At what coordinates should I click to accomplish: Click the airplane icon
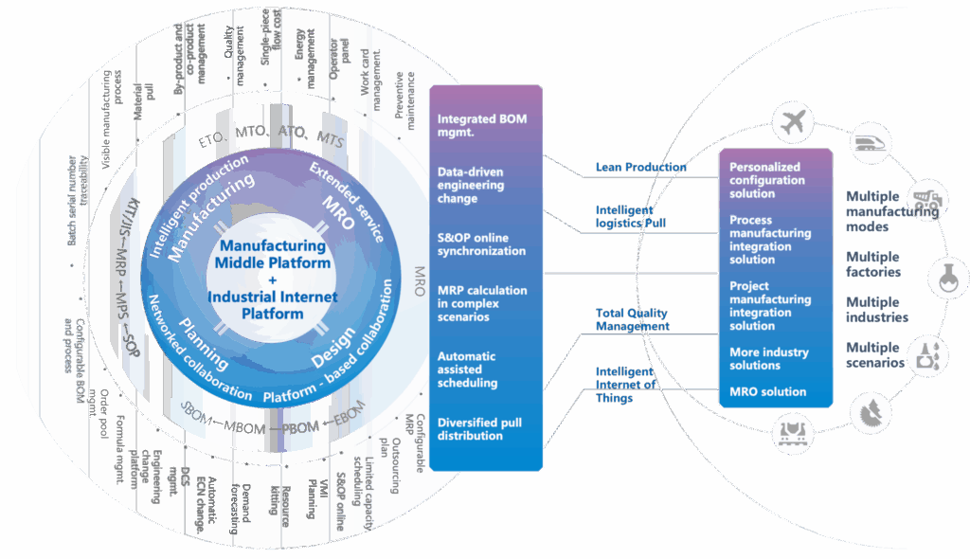point(794,121)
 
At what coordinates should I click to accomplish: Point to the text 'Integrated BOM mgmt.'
point(481,126)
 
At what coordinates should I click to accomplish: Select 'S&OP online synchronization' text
point(481,244)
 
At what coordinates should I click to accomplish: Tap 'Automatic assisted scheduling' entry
point(468,370)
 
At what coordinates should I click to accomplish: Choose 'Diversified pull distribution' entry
point(479,429)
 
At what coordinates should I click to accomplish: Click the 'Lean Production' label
point(640,168)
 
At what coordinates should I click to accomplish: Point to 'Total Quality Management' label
point(632,319)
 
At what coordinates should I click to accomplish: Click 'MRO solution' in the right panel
point(767,391)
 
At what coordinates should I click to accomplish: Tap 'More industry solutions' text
point(768,359)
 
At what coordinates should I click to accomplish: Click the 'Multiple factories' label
point(873,264)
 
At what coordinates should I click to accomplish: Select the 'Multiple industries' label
point(876,310)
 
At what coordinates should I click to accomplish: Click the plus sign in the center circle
point(272,280)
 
